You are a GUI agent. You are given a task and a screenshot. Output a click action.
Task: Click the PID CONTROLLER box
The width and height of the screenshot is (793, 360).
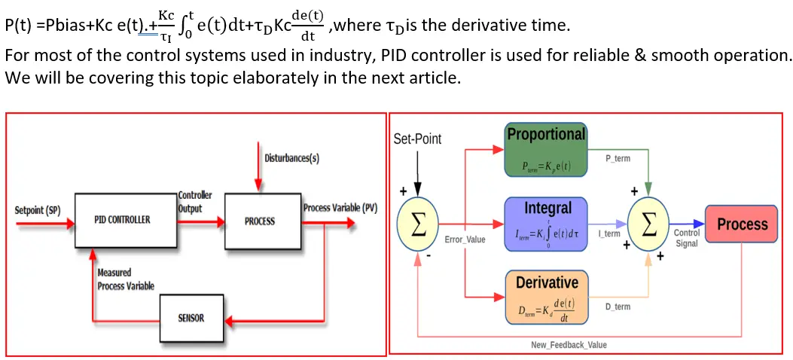(x=122, y=221)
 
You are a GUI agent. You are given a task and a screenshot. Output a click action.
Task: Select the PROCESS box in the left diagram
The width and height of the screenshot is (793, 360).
(x=260, y=221)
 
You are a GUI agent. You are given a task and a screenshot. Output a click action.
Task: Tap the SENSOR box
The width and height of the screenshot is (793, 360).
(x=191, y=318)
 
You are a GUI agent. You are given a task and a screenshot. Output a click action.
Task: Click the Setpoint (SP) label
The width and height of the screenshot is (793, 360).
(x=38, y=210)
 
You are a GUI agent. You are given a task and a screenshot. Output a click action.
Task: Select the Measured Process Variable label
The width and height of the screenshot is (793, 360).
(x=125, y=279)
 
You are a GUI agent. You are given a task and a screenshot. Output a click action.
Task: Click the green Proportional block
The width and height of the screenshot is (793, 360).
(x=546, y=151)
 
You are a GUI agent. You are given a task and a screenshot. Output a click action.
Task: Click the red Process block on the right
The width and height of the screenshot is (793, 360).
(x=741, y=224)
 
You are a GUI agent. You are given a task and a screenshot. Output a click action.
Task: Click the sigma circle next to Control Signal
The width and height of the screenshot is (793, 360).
(x=652, y=224)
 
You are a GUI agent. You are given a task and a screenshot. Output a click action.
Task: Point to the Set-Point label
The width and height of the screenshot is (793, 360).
(x=417, y=139)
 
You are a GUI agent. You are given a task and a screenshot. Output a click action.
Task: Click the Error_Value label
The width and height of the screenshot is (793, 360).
(x=465, y=239)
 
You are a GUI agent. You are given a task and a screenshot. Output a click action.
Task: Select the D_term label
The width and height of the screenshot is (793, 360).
(x=618, y=307)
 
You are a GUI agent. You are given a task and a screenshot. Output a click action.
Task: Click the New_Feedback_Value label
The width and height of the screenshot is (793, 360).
(x=569, y=345)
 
